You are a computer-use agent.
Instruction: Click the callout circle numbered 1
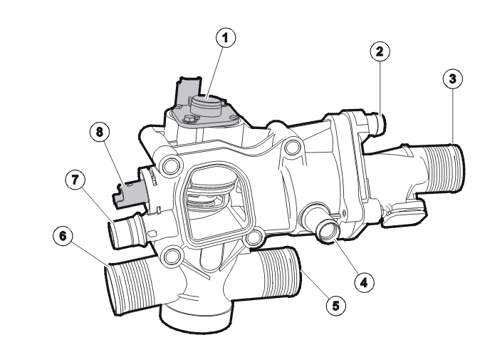click(226, 38)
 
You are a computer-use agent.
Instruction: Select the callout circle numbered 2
click(380, 51)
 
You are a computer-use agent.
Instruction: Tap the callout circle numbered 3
click(452, 78)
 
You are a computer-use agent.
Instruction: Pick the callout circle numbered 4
click(364, 282)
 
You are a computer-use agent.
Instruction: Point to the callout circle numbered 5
click(336, 305)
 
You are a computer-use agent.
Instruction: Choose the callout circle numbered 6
click(63, 236)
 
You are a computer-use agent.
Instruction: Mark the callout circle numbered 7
click(75, 180)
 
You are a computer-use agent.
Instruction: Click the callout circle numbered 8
click(100, 132)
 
